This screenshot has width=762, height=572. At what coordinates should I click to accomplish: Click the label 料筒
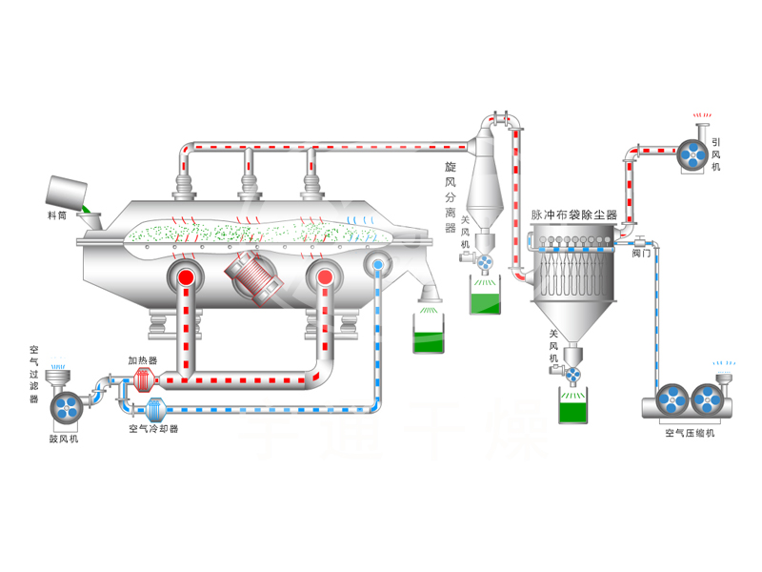point(58,215)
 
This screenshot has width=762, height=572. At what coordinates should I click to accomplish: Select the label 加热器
point(143,361)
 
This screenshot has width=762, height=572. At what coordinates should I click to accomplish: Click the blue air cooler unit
point(151,410)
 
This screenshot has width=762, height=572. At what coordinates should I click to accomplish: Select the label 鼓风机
point(65,439)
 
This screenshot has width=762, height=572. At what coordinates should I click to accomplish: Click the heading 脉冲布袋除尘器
point(573,215)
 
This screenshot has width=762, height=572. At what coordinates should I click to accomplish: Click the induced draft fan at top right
point(692,153)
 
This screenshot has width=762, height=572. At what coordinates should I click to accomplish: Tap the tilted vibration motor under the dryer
point(253,276)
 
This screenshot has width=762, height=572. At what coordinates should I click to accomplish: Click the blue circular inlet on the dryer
point(379,264)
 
